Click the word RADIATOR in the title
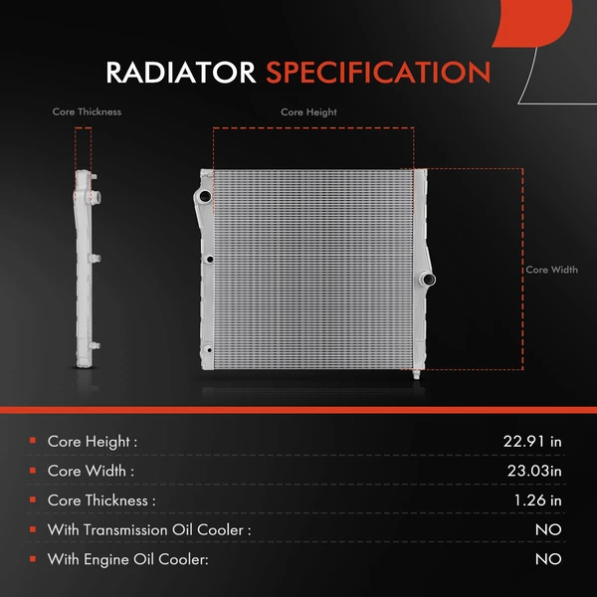[x=181, y=73]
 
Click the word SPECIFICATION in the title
[x=378, y=73]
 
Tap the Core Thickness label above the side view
[x=87, y=111]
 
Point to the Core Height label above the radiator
[x=308, y=112]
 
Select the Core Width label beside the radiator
[x=551, y=270]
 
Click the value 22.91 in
[x=532, y=441]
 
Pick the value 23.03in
[x=534, y=471]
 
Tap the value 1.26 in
[x=537, y=500]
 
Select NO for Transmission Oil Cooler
[x=548, y=529]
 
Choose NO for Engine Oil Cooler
[x=548, y=559]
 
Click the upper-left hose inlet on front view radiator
[x=203, y=196]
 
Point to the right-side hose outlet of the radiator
[x=428, y=280]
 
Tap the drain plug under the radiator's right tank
[x=416, y=374]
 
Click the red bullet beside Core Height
[x=33, y=441]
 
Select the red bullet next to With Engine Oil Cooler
[x=33, y=558]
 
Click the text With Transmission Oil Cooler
[x=149, y=529]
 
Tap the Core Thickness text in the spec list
[x=101, y=500]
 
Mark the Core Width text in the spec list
[x=91, y=471]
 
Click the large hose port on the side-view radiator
[x=96, y=197]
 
